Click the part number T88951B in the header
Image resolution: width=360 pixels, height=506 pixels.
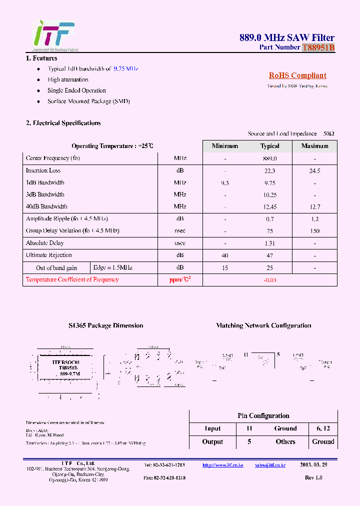318,47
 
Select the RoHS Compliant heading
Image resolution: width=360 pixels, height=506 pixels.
297,75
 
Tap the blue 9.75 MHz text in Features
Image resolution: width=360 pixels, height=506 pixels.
125,68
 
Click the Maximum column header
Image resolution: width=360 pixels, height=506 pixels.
314,146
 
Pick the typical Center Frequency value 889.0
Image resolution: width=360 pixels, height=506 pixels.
269,158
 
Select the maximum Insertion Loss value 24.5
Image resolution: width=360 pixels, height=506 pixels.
314,170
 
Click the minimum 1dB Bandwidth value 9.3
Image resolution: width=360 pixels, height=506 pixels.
225,182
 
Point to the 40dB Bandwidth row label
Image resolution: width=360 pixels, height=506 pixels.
46,206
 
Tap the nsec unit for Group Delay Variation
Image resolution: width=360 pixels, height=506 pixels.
180,230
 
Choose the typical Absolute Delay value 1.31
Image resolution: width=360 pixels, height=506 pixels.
269,243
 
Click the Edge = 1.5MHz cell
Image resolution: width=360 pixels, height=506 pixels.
113,268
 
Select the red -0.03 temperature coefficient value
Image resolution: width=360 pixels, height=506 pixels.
269,280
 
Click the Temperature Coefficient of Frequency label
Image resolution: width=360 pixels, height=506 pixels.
72,279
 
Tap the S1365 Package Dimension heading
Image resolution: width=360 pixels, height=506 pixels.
106,325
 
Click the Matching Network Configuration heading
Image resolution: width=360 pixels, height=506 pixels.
263,325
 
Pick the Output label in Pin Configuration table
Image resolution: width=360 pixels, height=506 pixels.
212,441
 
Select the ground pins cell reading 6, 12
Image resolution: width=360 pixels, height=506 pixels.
323,428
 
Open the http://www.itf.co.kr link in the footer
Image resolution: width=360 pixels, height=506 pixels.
222,465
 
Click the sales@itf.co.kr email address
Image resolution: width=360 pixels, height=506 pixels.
270,465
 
